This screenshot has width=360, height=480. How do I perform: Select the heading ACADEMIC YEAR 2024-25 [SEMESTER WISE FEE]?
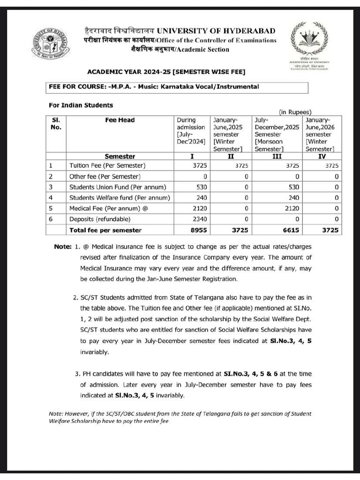(x=166, y=72)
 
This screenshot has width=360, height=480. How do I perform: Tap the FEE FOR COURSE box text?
(x=154, y=87)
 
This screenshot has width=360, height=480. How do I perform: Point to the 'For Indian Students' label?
(x=81, y=105)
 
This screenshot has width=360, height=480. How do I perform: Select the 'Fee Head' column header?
(x=120, y=120)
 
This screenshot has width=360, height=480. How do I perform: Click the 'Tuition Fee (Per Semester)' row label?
(x=107, y=165)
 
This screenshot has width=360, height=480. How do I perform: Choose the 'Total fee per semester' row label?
(x=105, y=230)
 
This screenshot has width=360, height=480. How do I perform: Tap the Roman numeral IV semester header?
(x=321, y=156)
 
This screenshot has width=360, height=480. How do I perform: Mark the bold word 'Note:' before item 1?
(x=62, y=247)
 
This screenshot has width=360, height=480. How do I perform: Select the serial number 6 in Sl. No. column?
(x=51, y=219)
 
